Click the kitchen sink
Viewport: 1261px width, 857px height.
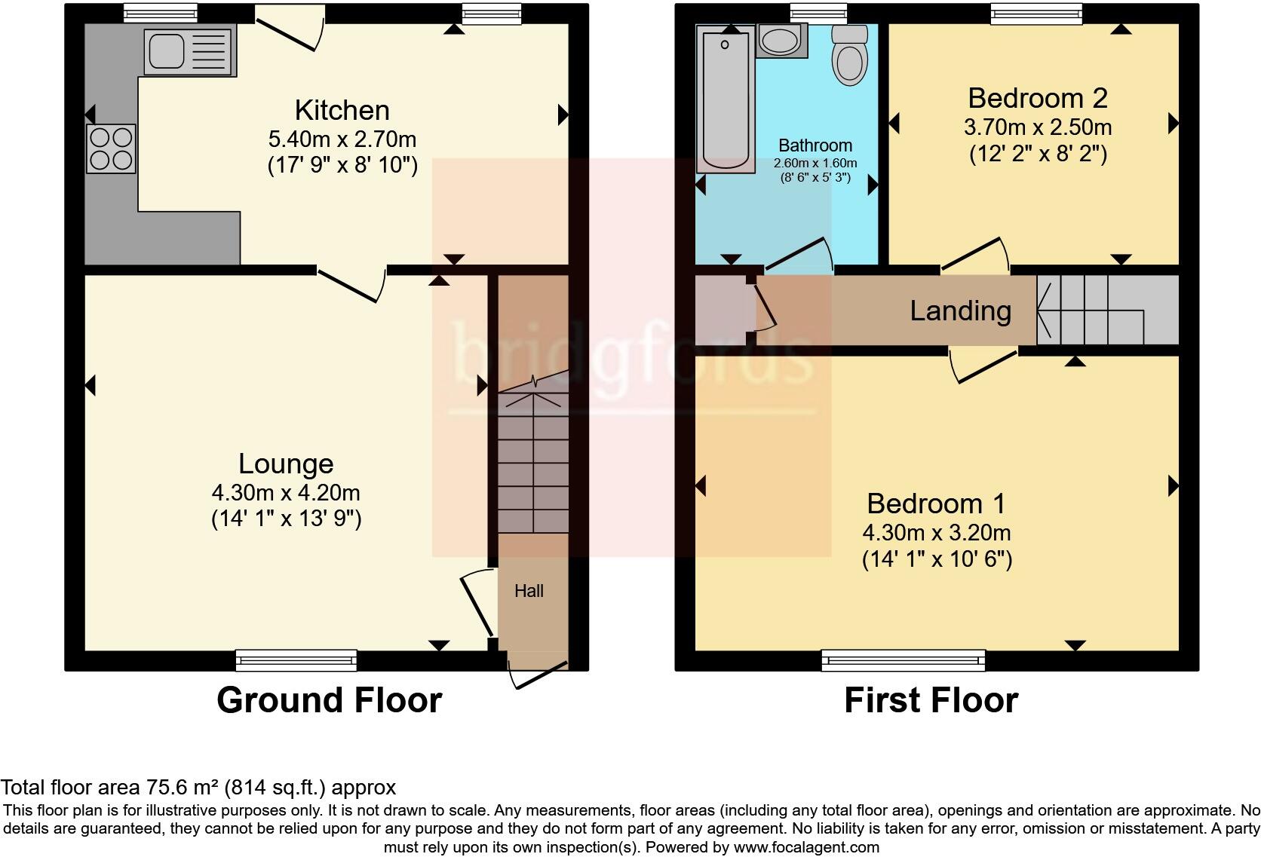[x=189, y=51]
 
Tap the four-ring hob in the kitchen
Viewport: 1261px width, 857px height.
[x=112, y=148]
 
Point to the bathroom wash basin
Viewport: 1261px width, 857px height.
[x=781, y=40]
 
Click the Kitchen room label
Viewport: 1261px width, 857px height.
[x=342, y=111]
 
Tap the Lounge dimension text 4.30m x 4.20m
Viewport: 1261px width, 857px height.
[x=286, y=493]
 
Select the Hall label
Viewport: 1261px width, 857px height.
[x=529, y=591]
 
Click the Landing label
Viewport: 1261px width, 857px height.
[x=960, y=311]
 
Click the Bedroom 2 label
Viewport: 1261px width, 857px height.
[x=1037, y=98]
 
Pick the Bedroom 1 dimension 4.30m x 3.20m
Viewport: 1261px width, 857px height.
[x=936, y=533]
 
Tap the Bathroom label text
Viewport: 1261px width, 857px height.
[x=815, y=145]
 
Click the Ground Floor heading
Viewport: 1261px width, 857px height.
[x=329, y=700]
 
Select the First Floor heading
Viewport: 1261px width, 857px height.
[x=931, y=700]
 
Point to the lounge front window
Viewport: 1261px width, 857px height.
[x=296, y=660]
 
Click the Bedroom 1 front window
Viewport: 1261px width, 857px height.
[x=903, y=660]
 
